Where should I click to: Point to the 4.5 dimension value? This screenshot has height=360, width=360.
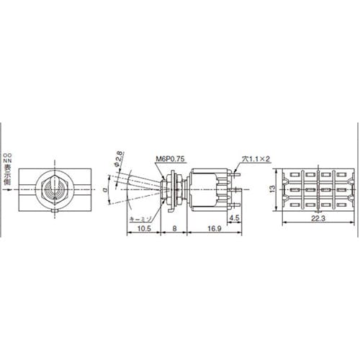pyautogui.click(x=235, y=217)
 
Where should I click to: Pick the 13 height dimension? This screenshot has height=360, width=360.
pyautogui.click(x=270, y=189)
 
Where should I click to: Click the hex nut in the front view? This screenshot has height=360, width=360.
pyautogui.click(x=55, y=189)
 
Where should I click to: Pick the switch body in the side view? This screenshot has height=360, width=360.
pyautogui.click(x=209, y=189)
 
